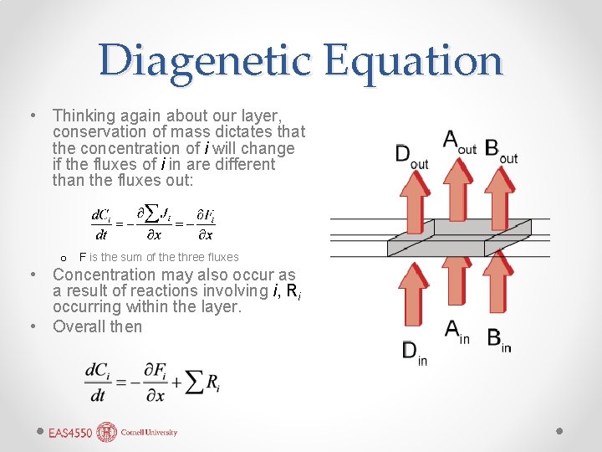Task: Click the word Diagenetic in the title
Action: (204, 60)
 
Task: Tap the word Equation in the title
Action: (413, 60)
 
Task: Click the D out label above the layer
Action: (411, 156)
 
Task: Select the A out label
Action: (459, 141)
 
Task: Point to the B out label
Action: (501, 151)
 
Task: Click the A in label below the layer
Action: (457, 333)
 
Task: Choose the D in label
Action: (414, 352)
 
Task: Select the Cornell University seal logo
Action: (107, 432)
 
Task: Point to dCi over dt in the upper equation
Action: (100, 224)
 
